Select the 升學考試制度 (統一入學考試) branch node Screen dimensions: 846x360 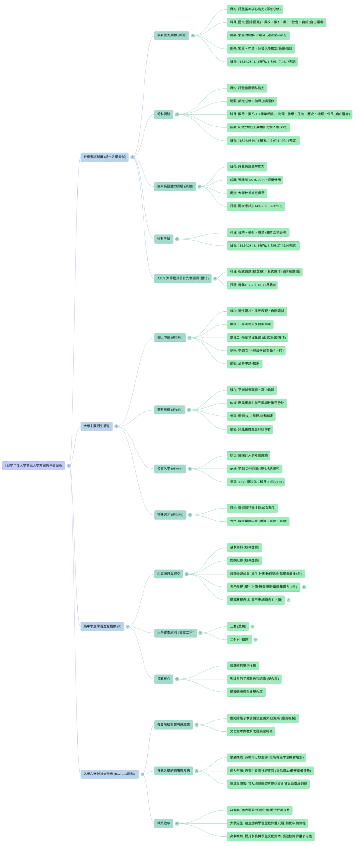click(105, 157)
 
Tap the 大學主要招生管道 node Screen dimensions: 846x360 click(96, 426)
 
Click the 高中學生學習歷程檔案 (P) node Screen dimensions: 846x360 click(102, 626)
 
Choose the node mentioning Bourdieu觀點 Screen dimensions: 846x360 click(109, 774)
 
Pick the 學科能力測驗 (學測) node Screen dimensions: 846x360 click(171, 35)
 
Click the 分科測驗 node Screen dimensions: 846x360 click(163, 114)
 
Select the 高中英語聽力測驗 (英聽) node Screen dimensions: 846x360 click(175, 186)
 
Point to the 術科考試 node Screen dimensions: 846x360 click(163, 239)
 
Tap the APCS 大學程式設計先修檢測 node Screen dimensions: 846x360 click(182, 278)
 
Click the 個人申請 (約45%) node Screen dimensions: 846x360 click(170, 337)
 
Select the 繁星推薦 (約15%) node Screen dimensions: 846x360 click(170, 410)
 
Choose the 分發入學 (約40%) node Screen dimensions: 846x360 click(170, 468)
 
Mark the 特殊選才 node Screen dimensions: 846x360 click(170, 514)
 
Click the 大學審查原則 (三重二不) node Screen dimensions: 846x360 click(175, 633)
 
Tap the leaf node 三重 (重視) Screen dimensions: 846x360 click(238, 626)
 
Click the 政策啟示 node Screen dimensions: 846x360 click(163, 823)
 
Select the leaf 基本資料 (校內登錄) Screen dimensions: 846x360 click(244, 547)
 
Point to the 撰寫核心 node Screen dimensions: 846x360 click(163, 679)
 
